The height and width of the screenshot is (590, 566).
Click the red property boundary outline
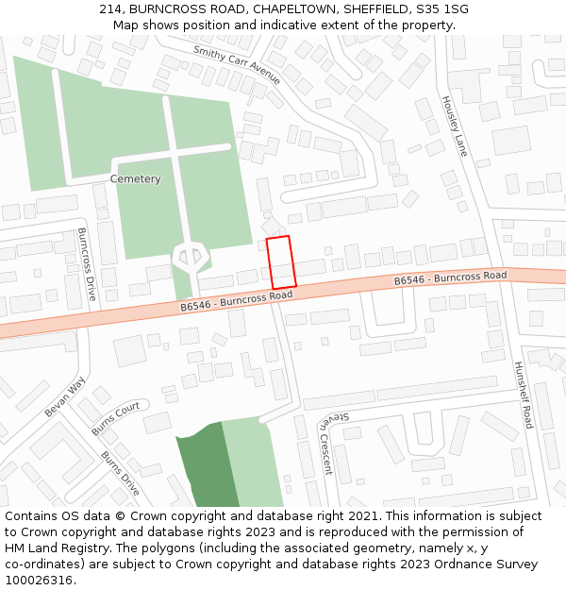coord(281,262)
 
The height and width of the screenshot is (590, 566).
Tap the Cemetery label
coord(135,179)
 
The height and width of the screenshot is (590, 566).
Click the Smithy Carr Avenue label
coord(237,64)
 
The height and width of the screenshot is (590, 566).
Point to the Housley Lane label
coord(454,126)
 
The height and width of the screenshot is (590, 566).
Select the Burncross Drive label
coord(87,263)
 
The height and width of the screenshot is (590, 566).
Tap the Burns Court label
coord(115,418)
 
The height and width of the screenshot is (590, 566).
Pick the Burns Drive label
coord(120,473)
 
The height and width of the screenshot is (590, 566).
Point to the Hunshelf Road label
coord(523,394)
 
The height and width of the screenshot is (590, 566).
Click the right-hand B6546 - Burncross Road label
coord(450,278)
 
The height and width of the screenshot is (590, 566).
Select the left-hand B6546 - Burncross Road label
coord(237,301)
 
